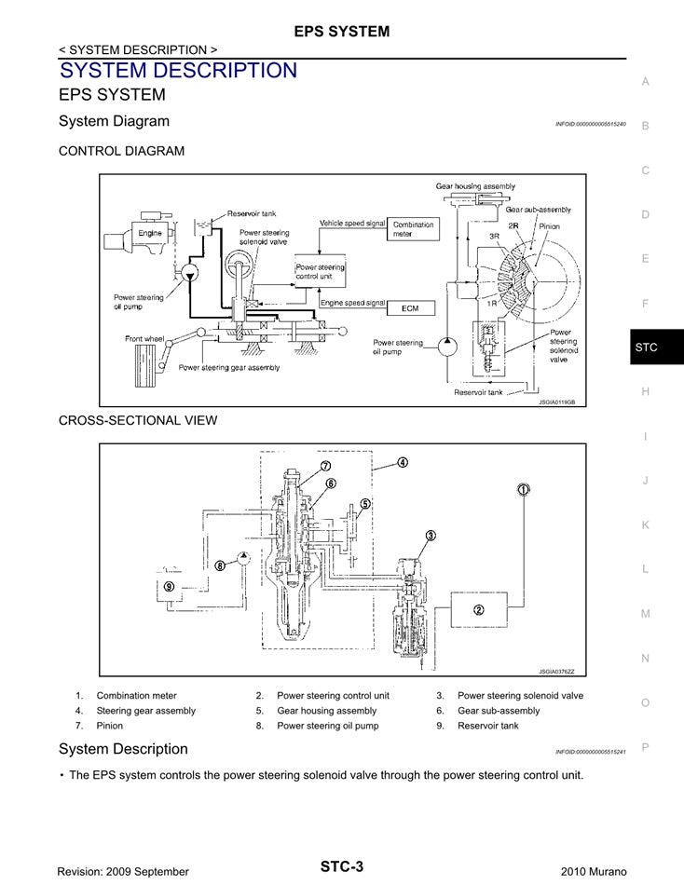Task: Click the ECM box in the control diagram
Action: (410, 306)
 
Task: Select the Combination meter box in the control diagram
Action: (414, 229)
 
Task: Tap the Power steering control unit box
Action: (320, 271)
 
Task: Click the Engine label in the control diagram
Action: (150, 233)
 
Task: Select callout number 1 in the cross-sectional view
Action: (524, 489)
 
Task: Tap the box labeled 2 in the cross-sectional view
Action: (478, 610)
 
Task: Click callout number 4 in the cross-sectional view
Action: (402, 462)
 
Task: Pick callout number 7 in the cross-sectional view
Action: (326, 466)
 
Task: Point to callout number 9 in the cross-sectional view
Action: (169, 587)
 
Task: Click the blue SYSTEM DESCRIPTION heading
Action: (178, 71)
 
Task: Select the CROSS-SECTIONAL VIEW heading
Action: (138, 420)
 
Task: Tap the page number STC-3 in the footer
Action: (341, 866)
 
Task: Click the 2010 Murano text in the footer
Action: (594, 871)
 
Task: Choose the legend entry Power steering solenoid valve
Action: (520, 696)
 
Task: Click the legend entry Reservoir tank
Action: (487, 726)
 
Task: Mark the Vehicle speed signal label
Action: (352, 224)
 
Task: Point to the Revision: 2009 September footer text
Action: (123, 871)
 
